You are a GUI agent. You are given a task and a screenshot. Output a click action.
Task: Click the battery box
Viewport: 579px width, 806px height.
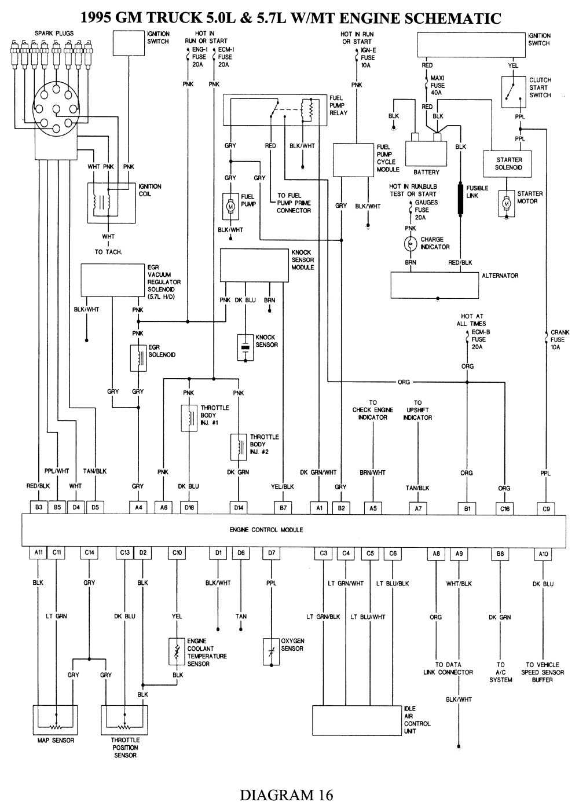click(426, 153)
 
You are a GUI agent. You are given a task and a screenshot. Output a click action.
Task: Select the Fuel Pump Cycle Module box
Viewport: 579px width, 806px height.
click(354, 160)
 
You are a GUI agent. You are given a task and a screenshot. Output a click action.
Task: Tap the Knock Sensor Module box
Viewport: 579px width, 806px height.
click(254, 265)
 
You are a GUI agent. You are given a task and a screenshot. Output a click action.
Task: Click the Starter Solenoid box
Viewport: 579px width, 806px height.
click(509, 163)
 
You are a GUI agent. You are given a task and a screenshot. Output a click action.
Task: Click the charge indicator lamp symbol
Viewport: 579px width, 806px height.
click(410, 244)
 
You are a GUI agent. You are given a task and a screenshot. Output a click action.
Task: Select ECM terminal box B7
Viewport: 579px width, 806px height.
click(283, 508)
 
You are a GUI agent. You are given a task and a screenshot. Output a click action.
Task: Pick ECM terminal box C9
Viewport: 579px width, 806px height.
click(546, 508)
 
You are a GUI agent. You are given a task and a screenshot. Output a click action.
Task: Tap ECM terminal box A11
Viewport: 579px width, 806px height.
click(38, 553)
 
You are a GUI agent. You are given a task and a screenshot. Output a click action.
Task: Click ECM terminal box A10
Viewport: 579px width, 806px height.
click(543, 554)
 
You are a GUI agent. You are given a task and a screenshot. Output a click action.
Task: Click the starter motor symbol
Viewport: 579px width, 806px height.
click(507, 204)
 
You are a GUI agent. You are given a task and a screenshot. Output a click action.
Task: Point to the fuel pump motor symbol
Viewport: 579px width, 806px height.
click(230, 206)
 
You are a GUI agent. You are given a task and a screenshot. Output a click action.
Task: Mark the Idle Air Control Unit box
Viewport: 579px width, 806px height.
click(357, 720)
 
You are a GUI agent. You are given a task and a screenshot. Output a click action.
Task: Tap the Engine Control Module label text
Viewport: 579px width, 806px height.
click(266, 530)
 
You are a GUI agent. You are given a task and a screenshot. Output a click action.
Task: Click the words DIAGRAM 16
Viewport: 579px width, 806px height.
click(287, 794)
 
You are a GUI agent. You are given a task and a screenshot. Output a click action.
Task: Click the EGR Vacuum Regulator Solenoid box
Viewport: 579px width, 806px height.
click(113, 280)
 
